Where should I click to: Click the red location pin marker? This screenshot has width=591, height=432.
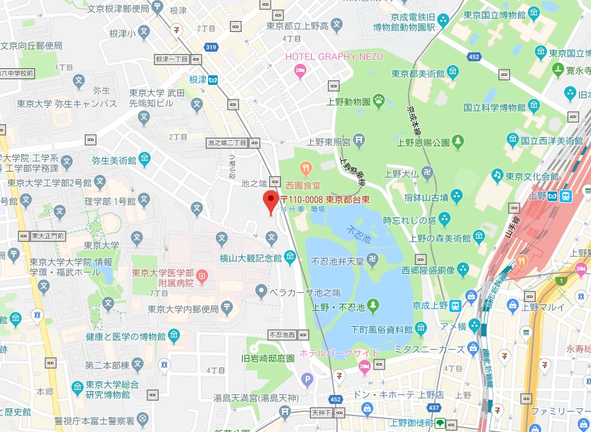tap(271, 201)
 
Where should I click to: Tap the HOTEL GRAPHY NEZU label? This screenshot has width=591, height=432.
tap(334, 57)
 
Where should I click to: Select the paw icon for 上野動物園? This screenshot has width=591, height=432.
tap(379, 100)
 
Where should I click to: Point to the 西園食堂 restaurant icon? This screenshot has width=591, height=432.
tap(306, 169)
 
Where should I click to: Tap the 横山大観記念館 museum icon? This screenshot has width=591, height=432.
tap(290, 257)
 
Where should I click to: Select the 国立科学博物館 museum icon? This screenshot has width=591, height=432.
tap(532, 106)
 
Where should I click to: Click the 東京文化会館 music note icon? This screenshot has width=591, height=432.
tap(497, 174)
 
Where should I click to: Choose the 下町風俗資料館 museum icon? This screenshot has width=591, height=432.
tap(421, 329)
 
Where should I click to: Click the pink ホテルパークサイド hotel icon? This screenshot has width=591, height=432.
tap(364, 366)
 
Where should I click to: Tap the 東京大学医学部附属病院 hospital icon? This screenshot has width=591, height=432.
tap(202, 276)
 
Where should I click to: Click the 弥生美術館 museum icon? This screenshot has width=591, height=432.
tap(145, 158)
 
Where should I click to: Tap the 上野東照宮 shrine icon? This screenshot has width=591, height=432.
tap(359, 138)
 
